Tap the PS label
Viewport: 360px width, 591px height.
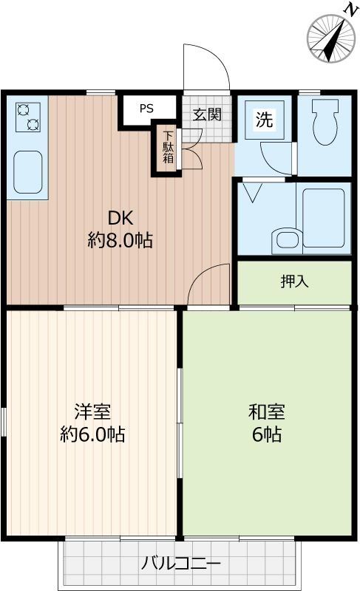click(x=146, y=109)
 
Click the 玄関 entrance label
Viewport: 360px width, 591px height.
click(x=207, y=115)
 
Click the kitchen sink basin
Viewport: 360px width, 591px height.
click(x=27, y=171)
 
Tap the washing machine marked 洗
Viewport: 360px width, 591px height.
click(x=264, y=120)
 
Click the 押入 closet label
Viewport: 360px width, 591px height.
click(x=293, y=281)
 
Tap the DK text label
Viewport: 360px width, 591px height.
click(x=120, y=219)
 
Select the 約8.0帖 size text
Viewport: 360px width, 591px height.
click(x=120, y=241)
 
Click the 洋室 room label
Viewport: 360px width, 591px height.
click(x=92, y=411)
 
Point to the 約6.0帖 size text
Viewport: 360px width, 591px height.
click(x=92, y=434)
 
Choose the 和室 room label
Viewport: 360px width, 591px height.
click(x=266, y=411)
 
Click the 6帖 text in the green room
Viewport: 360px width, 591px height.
click(x=266, y=434)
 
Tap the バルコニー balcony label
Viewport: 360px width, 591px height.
click(x=180, y=564)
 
